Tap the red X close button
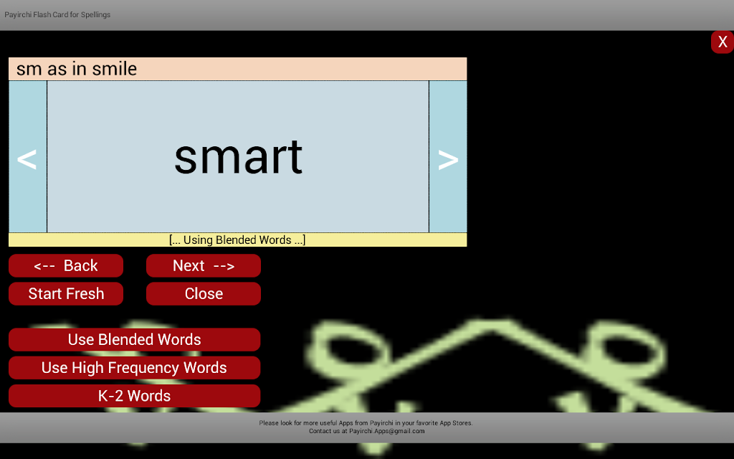[x=723, y=42]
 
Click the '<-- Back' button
[x=66, y=265]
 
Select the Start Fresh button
[x=66, y=293]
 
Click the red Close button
[x=204, y=293]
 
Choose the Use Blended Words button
[x=134, y=339]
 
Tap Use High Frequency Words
[x=134, y=368]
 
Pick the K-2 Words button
[x=134, y=396]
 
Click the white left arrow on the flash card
[x=27, y=159]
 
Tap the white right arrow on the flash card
[x=448, y=160]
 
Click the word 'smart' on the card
[x=238, y=157]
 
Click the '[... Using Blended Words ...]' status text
[x=237, y=240]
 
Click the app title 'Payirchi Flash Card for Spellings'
[x=57, y=14]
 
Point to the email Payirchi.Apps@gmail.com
[x=386, y=431]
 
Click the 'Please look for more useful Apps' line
[x=366, y=423]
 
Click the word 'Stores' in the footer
[x=462, y=423]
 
